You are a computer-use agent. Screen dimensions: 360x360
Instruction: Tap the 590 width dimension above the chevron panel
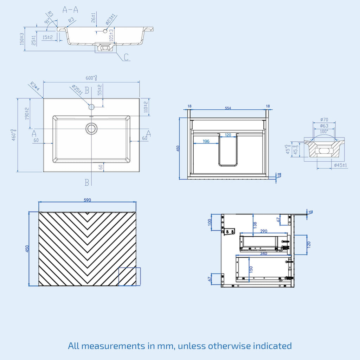click(87, 200)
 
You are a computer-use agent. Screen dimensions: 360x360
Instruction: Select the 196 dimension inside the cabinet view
click(206, 141)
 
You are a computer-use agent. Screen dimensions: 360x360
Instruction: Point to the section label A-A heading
click(70, 9)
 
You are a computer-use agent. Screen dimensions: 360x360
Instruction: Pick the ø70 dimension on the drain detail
click(324, 120)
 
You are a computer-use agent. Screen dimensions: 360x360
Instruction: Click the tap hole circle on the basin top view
click(91, 107)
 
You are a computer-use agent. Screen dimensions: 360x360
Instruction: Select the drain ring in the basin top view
click(92, 128)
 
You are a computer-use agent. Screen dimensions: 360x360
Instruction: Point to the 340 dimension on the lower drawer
click(264, 253)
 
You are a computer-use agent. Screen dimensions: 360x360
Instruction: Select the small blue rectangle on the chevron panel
click(129, 276)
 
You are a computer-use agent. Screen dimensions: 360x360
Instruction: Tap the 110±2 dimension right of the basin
click(146, 107)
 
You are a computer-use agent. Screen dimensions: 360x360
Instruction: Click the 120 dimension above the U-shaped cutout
click(228, 135)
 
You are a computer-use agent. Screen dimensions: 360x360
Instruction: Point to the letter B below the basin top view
click(87, 182)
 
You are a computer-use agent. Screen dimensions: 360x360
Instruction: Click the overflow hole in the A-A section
click(105, 31)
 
